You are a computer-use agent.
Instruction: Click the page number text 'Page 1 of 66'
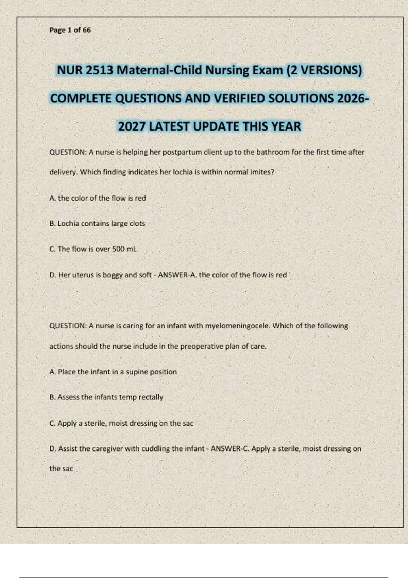tap(70, 30)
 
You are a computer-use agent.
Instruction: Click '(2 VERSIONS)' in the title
tap(324, 70)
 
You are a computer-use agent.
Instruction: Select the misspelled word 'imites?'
tap(262, 172)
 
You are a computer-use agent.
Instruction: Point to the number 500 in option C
tap(118, 249)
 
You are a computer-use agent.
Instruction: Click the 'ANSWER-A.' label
tap(177, 275)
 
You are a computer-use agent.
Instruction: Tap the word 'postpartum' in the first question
tap(182, 152)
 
